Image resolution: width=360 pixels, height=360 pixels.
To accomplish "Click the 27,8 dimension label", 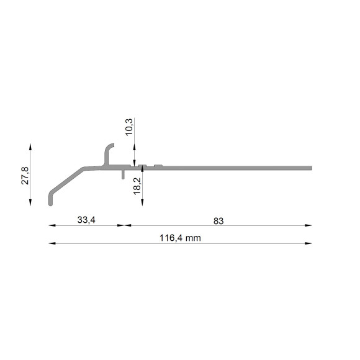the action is tap(25, 176).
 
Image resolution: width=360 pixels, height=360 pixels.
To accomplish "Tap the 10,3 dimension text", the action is tap(129, 127).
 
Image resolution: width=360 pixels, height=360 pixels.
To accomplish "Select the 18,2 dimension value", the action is tap(137, 186).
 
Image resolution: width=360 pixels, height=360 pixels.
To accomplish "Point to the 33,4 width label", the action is tap(86, 220).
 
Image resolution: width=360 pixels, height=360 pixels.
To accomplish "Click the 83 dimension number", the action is tap(218, 221).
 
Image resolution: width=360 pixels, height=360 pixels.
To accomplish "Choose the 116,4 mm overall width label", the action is tap(180, 238).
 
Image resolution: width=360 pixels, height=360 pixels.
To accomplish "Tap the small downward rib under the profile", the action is tap(123, 174).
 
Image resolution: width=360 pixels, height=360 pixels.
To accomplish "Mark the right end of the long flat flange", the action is tap(312, 168).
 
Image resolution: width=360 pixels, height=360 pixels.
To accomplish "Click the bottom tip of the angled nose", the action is tap(50, 205).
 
